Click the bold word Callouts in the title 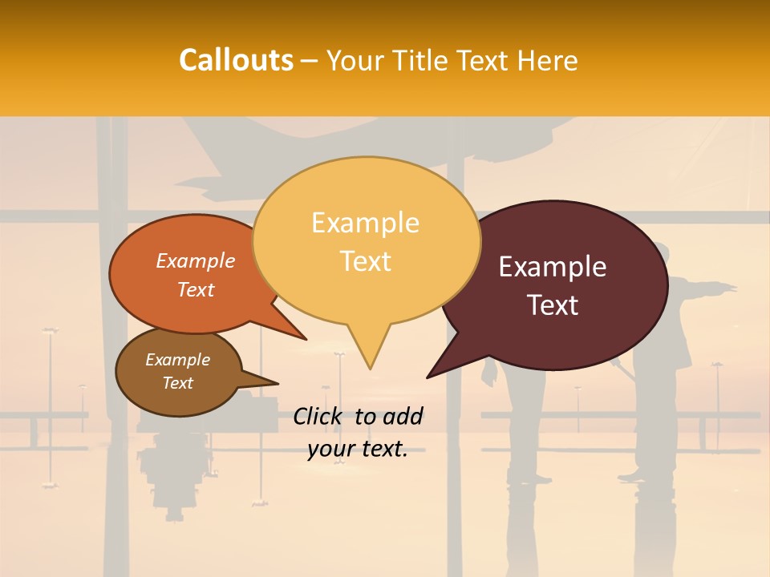click(x=236, y=60)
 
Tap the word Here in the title click(x=549, y=60)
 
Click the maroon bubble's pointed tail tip click(x=428, y=377)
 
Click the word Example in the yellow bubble click(x=365, y=223)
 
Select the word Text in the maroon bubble click(x=553, y=305)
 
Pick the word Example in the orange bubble click(x=196, y=261)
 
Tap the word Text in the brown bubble click(x=178, y=383)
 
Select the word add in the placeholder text click(x=403, y=416)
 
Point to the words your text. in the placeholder click(x=358, y=449)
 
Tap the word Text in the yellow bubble click(x=366, y=261)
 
